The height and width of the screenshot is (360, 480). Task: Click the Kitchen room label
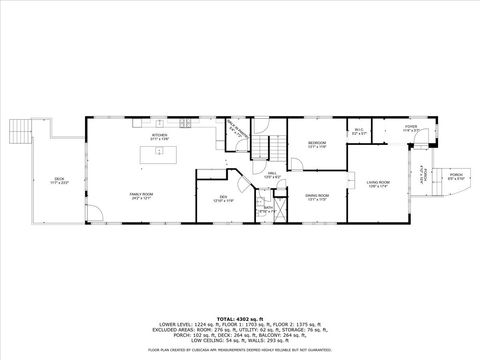159,134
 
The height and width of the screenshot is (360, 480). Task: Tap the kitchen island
156,153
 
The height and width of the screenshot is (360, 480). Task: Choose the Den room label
223,199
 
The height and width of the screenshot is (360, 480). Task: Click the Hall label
270,176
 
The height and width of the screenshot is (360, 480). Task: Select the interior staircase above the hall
261,149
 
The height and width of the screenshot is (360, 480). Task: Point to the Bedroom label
317,145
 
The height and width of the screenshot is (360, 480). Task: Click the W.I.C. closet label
359,130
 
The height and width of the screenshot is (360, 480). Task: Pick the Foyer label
408,129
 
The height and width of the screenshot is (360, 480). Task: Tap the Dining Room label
318,198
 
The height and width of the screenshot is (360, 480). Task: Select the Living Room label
378,183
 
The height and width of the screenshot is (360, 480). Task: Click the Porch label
455,175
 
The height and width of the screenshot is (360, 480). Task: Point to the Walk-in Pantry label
236,129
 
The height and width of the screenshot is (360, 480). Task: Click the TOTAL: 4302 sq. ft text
240,317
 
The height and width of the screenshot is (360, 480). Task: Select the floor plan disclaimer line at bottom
240,350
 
